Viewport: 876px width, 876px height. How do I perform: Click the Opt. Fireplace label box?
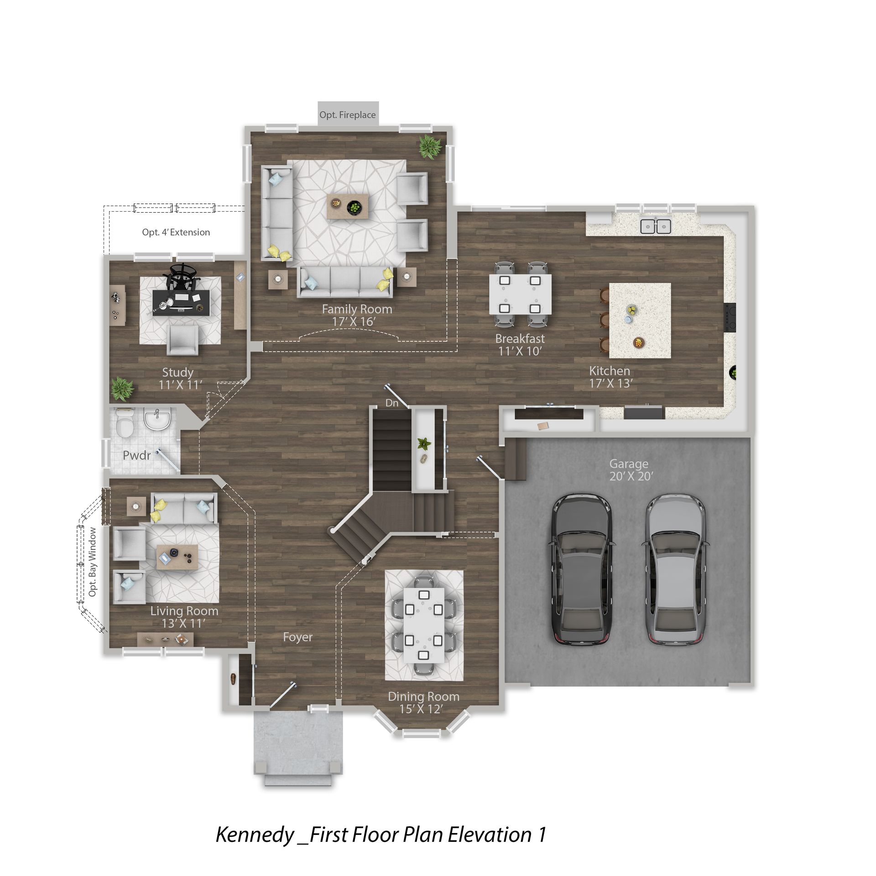point(348,113)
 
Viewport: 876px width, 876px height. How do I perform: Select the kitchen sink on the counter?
point(655,226)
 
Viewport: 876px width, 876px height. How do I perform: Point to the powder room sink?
point(157,419)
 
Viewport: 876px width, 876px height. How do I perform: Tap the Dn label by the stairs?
point(391,403)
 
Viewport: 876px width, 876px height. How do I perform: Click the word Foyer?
point(297,637)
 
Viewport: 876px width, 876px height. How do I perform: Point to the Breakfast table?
point(520,294)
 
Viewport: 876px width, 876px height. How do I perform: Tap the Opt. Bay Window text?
point(93,562)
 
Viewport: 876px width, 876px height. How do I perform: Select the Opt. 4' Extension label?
point(176,232)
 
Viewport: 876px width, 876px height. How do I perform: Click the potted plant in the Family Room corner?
point(430,147)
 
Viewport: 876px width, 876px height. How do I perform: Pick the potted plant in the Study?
point(122,389)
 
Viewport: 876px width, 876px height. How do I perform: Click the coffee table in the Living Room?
point(177,557)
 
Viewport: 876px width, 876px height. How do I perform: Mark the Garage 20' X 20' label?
point(631,470)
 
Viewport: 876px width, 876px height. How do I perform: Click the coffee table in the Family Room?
point(348,206)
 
